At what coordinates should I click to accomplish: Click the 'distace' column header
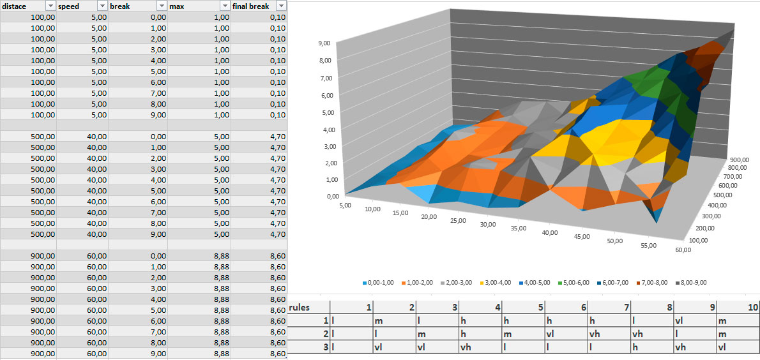click(16, 6)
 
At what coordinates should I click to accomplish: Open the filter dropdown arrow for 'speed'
click(102, 6)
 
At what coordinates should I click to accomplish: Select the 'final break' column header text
click(251, 6)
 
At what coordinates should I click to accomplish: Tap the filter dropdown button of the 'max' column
click(224, 6)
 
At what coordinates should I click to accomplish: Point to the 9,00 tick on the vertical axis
click(323, 43)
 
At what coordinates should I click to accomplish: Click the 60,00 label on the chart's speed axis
click(682, 250)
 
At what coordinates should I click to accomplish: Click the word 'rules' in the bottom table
click(300, 308)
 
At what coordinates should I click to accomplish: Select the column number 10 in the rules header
click(752, 308)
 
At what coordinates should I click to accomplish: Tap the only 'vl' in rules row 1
click(678, 321)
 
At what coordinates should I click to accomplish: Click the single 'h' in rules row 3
click(635, 348)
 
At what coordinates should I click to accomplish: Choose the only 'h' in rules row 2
click(462, 334)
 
